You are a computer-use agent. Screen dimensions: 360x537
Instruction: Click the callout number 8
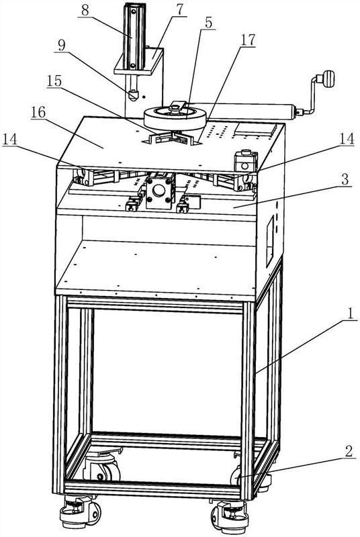[x=85, y=10]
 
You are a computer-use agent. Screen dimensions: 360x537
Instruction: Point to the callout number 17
[x=248, y=40]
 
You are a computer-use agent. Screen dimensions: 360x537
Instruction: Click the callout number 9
[x=62, y=45]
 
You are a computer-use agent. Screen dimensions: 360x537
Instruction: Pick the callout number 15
[x=54, y=81]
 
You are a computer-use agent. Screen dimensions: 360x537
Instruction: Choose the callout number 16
[x=38, y=112]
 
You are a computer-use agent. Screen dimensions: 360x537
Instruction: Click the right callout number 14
[x=347, y=139]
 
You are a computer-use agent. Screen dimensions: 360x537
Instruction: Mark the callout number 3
[x=345, y=179]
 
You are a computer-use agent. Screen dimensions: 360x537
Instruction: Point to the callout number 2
[x=349, y=451]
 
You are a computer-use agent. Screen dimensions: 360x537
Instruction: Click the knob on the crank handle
[x=328, y=79]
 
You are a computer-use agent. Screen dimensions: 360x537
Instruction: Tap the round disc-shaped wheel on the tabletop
[x=175, y=118]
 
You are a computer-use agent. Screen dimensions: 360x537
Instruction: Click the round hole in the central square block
[x=159, y=190]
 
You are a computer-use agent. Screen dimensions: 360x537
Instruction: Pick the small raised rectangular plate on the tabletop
[x=255, y=130]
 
